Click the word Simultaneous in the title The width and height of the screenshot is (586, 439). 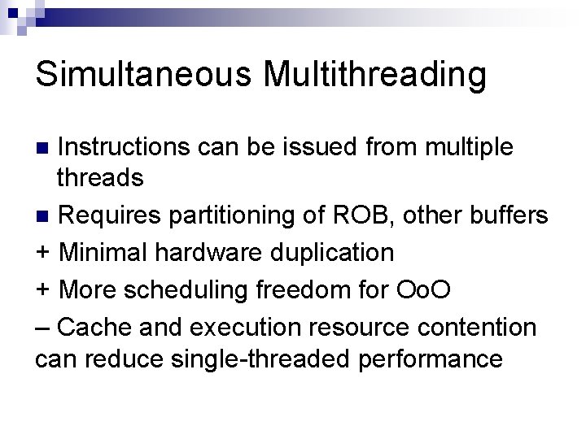(146, 75)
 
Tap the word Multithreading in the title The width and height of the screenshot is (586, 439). (376, 75)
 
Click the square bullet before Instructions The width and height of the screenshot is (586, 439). (46, 149)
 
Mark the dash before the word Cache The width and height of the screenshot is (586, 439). (42, 325)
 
